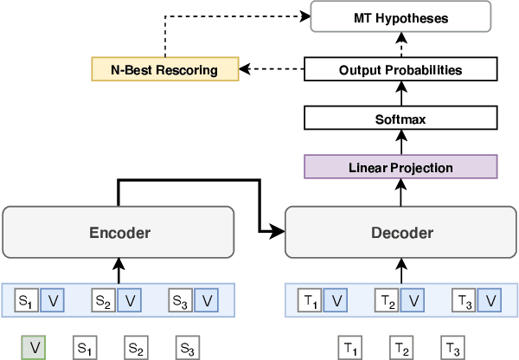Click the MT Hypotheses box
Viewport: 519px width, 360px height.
(x=400, y=16)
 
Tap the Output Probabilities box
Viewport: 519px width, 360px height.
(x=400, y=69)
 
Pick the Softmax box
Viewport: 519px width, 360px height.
(x=400, y=119)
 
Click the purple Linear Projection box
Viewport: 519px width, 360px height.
(x=400, y=167)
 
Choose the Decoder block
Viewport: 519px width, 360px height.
(x=400, y=232)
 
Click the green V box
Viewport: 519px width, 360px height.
(x=34, y=348)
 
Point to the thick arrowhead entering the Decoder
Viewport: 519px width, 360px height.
(x=279, y=232)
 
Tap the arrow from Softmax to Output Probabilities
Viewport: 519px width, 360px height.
(x=400, y=93)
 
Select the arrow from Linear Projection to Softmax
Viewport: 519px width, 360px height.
(x=400, y=143)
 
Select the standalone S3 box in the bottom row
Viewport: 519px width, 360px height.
(x=187, y=348)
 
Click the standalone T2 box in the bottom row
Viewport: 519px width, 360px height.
(x=400, y=348)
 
